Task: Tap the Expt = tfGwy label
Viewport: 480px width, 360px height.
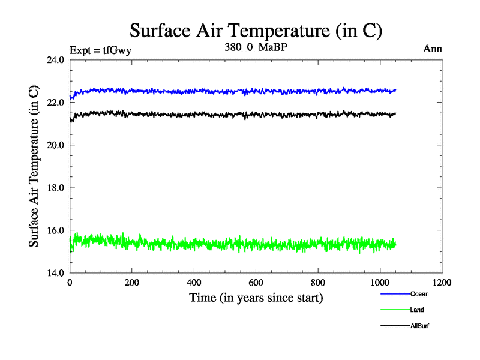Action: tap(100, 50)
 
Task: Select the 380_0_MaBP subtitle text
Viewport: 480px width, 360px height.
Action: tap(256, 47)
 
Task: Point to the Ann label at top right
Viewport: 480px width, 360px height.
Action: tap(433, 49)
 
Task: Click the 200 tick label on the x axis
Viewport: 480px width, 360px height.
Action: tap(132, 283)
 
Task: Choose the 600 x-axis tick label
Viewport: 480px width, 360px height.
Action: tap(256, 283)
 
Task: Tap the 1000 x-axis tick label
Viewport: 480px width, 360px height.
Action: tap(380, 283)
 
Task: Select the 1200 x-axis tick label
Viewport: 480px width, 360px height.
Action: tap(442, 283)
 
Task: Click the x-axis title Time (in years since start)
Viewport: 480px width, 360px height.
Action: tap(256, 298)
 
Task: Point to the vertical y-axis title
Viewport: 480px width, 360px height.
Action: tap(35, 166)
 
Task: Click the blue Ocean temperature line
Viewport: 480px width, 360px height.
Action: tap(240, 92)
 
